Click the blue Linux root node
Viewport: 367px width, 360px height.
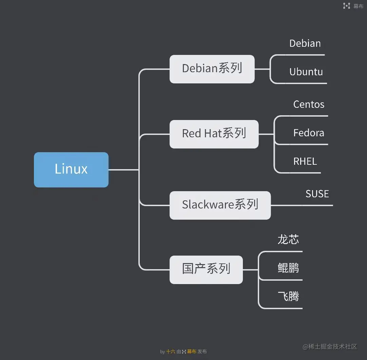pos(71,169)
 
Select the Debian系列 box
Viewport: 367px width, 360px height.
pos(212,69)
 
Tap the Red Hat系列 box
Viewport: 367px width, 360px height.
pos(214,134)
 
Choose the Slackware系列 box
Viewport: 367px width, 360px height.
pos(220,205)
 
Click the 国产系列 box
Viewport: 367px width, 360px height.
pos(206,269)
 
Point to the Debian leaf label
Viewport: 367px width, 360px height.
pos(305,44)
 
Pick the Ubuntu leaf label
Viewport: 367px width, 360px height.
pos(306,72)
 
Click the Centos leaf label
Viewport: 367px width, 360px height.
pos(309,104)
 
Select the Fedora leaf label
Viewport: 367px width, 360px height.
pos(309,133)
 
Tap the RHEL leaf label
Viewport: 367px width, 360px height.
pos(305,161)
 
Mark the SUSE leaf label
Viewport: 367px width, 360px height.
pos(317,194)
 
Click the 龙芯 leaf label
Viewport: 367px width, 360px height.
pos(288,240)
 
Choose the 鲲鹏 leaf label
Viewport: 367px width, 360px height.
pos(288,268)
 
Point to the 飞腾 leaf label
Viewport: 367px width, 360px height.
pos(288,297)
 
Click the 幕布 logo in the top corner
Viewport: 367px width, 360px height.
pos(353,6)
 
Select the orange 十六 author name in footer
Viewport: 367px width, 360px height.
pos(171,352)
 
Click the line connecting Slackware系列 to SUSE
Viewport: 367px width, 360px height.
pos(287,205)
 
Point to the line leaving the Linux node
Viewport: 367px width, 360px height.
pos(123,169)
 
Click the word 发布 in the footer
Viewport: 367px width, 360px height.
pos(202,352)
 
